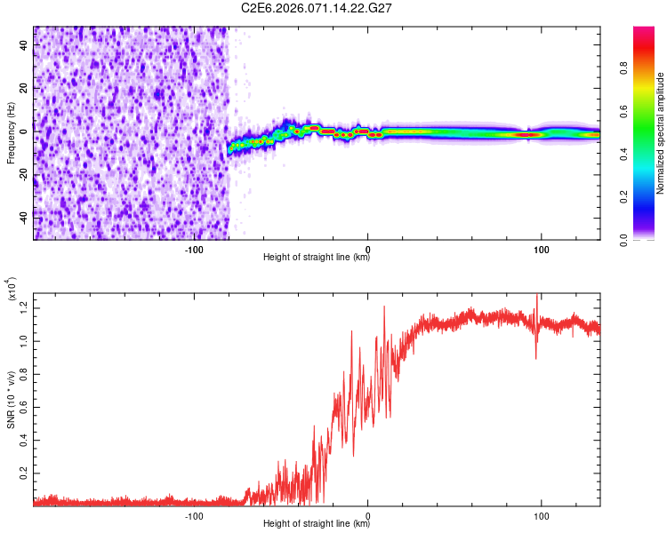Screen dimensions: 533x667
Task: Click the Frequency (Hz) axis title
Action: (11, 133)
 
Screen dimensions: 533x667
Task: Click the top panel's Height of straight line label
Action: (317, 257)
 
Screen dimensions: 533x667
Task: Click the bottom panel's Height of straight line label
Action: (317, 522)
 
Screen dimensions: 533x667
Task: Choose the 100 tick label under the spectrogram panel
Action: (541, 248)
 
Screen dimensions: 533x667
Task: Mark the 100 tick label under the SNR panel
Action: (541, 514)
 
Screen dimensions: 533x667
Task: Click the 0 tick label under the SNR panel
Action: (368, 514)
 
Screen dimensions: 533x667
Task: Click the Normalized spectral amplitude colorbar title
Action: (661, 133)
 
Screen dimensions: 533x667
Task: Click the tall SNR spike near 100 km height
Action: (536, 302)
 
